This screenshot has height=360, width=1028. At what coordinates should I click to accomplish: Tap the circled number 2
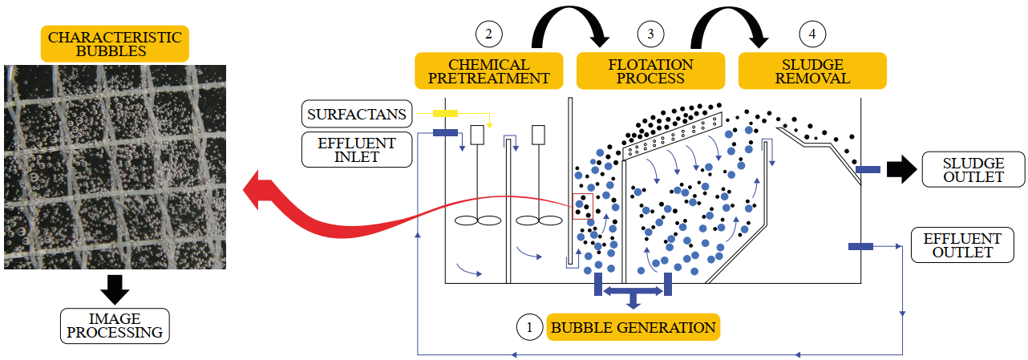488,34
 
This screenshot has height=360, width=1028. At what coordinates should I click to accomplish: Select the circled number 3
650,34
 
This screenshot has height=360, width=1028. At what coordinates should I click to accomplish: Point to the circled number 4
812,34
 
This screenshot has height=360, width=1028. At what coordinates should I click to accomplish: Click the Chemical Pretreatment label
489,71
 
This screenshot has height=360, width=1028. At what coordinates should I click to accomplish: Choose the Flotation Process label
651,71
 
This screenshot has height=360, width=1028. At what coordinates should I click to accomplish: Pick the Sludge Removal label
812,71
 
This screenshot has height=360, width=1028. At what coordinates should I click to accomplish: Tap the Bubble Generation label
633,327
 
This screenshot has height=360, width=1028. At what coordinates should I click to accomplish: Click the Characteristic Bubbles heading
115,45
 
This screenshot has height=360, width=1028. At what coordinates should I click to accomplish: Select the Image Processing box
115,326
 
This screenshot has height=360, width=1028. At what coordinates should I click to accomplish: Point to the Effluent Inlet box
357,150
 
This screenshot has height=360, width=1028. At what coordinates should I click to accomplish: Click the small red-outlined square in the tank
581,206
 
